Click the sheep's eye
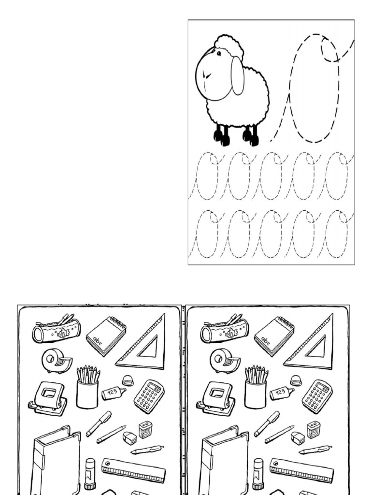coord(218,53)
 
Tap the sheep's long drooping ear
coord(237,76)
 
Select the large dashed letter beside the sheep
coord(314,89)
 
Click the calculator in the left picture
coord(149,396)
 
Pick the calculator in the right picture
coord(317,396)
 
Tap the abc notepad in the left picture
coord(106,335)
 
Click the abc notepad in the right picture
coord(274,335)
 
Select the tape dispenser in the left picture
coord(56,361)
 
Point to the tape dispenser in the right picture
coord(224,361)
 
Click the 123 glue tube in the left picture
coord(114,393)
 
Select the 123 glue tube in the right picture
coord(282,393)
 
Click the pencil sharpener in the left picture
coord(145,429)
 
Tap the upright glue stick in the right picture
coord(258,474)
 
